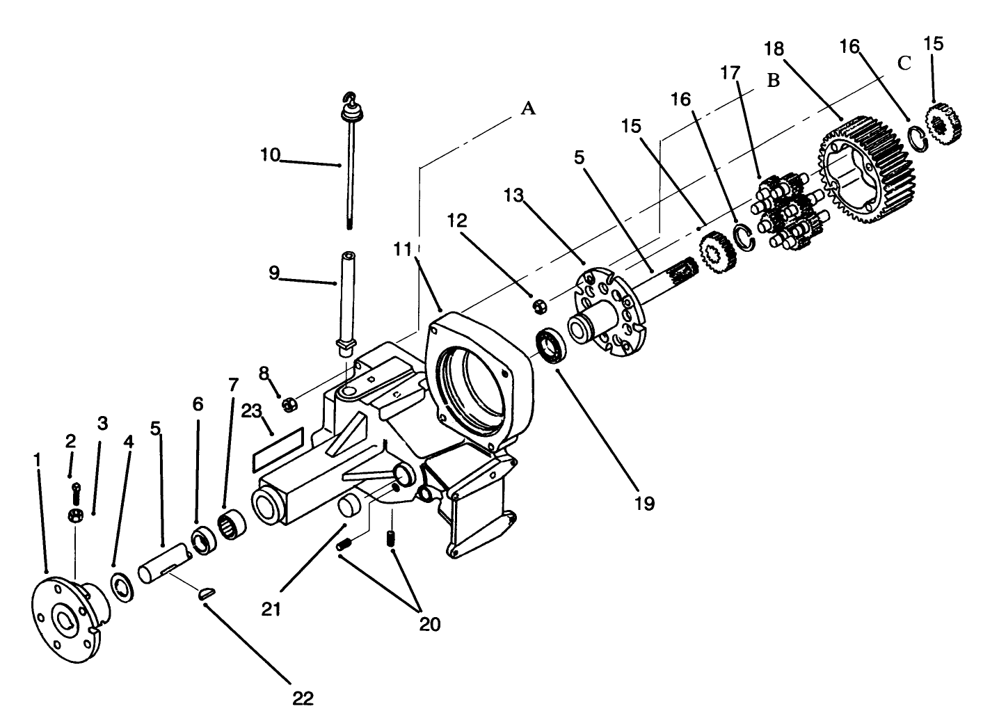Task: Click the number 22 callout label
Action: click(x=303, y=698)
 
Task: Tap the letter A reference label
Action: click(x=529, y=108)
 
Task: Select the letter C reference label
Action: click(x=904, y=63)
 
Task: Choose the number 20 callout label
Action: click(x=430, y=623)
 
